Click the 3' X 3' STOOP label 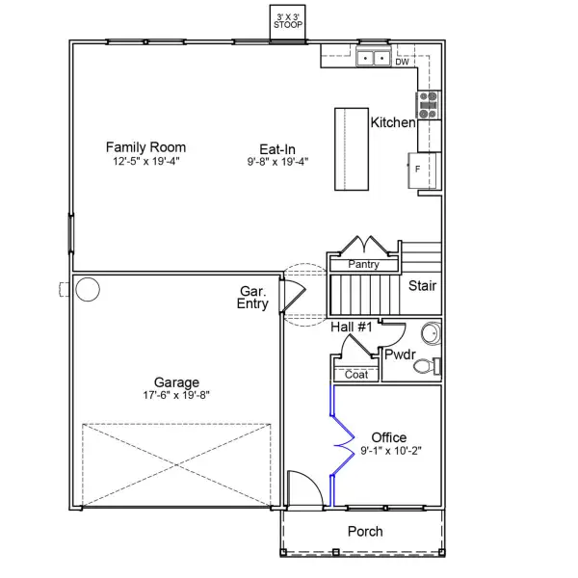coord(288,20)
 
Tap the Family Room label coord(145,147)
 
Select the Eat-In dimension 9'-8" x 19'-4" coord(276,162)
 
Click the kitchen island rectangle coord(353,149)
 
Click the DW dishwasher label coord(402,62)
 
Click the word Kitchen coord(393,123)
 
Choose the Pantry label coord(363,264)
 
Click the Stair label coord(422,286)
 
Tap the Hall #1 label coord(352,328)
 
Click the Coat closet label coord(355,374)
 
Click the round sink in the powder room coord(431,333)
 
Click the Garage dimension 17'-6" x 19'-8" coord(175,395)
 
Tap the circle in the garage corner coord(88,289)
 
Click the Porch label coord(364,531)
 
